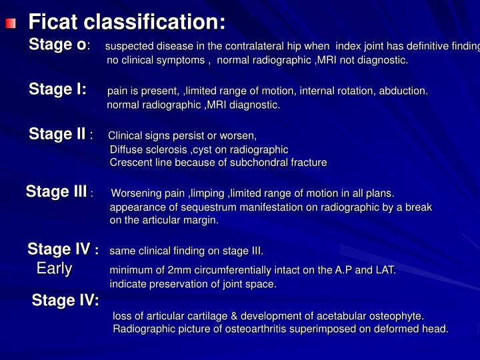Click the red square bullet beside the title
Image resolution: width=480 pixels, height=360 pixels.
pyautogui.click(x=10, y=25)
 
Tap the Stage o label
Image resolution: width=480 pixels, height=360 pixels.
pyautogui.click(x=58, y=45)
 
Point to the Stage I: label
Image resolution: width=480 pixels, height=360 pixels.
pyautogui.click(x=57, y=90)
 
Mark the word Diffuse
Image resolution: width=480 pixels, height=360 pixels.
pyautogui.click(x=125, y=149)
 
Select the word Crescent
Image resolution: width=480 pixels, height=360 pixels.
pyautogui.click(x=131, y=163)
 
